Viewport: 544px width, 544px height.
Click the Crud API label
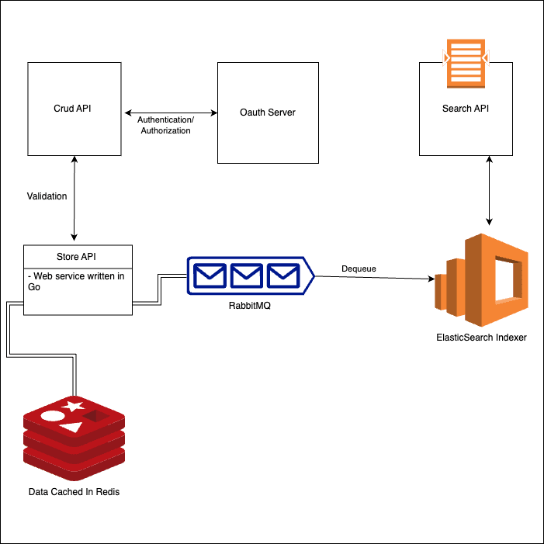pos(72,109)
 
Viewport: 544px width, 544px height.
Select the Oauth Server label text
pos(268,113)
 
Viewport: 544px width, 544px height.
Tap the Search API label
pos(466,109)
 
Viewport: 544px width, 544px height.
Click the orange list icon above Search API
pos(466,64)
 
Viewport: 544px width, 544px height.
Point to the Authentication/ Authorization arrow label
pos(165,125)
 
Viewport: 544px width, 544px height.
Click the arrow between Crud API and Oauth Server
pos(171,113)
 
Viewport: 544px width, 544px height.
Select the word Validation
pos(47,196)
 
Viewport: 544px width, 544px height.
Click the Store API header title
pos(76,257)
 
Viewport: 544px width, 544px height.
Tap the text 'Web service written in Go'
pos(76,282)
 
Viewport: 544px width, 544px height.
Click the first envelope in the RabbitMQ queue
pos(210,275)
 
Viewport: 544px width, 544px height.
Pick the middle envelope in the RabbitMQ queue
pos(247,275)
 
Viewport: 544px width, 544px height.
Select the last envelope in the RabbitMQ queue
pos(283,275)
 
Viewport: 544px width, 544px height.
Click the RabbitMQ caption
pos(249,306)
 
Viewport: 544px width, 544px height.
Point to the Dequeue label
pos(359,269)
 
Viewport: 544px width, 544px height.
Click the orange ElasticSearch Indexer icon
pos(481,280)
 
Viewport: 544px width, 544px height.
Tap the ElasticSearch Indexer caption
pos(481,338)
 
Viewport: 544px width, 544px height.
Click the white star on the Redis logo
pos(73,406)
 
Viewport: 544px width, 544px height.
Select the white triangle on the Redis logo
pos(71,427)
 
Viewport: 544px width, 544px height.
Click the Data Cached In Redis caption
pos(74,492)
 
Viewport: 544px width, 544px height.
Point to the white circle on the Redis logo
pos(53,416)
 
